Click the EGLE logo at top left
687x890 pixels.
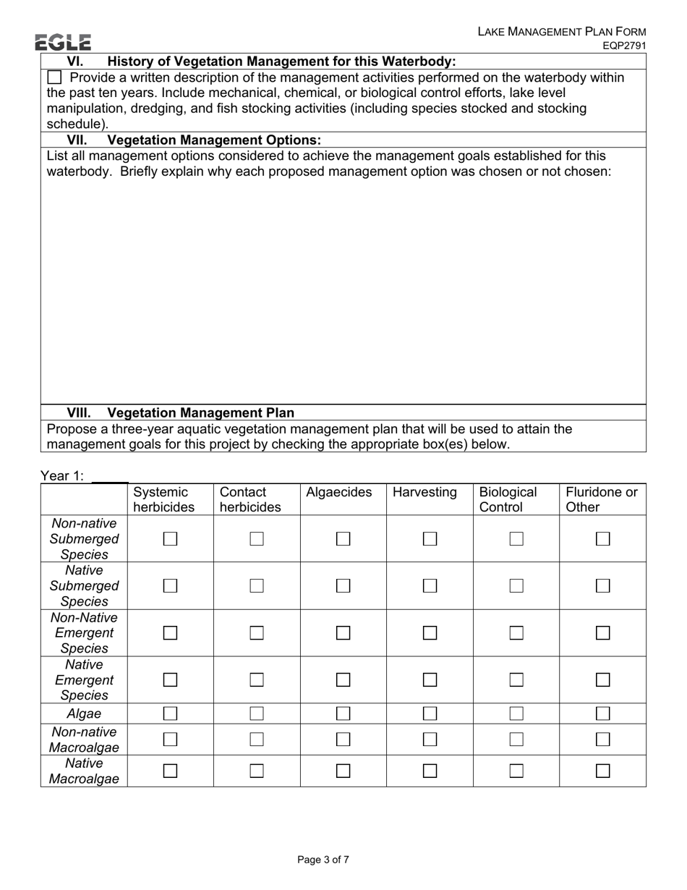coord(63,42)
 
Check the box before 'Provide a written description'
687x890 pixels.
coord(54,77)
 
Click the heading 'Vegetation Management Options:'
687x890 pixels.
coord(214,140)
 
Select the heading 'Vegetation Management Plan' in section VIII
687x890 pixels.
coord(200,413)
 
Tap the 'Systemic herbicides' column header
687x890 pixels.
coord(163,499)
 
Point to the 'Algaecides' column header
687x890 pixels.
coord(338,493)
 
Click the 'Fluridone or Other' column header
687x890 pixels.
coord(602,499)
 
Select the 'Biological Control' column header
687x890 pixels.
coord(508,499)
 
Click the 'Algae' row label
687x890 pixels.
coord(84,714)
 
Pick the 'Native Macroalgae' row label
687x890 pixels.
coord(84,771)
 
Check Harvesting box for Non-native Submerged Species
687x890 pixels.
coord(430,539)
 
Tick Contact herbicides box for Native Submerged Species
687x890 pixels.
coord(257,586)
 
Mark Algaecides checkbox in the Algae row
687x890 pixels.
coord(343,714)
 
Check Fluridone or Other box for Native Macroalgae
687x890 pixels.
coord(602,771)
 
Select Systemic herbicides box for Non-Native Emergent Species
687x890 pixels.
coord(170,633)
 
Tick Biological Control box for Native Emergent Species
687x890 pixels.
coord(516,680)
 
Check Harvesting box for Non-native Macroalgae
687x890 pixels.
coord(430,739)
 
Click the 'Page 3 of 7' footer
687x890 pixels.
coord(323,860)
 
